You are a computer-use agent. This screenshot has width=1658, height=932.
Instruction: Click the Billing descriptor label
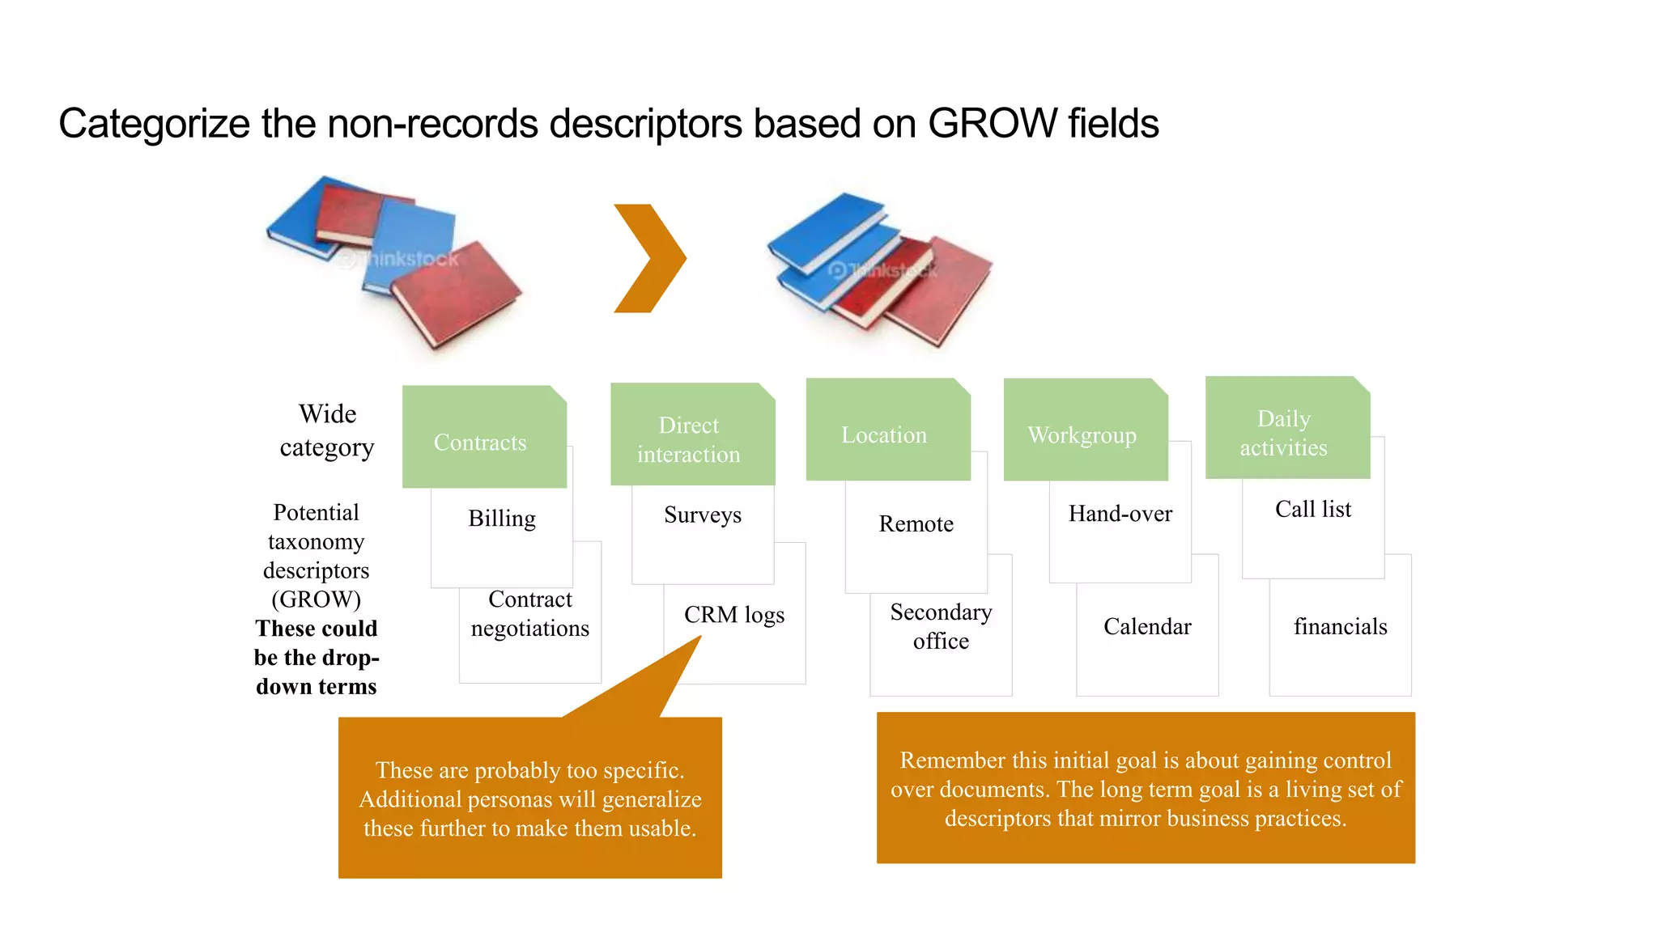[502, 519]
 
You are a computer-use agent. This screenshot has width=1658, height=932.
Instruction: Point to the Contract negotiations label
[530, 614]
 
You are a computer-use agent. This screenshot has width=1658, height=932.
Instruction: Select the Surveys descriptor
[703, 515]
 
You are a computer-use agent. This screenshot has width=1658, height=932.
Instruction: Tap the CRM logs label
[734, 615]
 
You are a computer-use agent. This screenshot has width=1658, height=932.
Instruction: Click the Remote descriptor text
[916, 524]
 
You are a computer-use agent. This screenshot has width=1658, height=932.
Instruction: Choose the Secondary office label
[941, 627]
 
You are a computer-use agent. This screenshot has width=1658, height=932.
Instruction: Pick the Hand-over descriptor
[1120, 514]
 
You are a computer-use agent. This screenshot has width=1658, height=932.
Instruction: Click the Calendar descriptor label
[1147, 627]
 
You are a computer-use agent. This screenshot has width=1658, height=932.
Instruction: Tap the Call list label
[1313, 510]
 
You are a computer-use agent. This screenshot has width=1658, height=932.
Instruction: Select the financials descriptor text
[1340, 627]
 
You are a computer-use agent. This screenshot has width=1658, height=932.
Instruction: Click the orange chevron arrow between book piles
[650, 258]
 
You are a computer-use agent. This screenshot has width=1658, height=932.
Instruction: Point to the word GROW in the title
[993, 124]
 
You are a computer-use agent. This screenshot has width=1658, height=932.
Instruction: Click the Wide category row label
[327, 430]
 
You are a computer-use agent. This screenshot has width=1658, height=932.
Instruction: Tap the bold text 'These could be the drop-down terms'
[317, 658]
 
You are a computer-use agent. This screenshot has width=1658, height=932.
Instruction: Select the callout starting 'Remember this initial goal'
[1146, 788]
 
